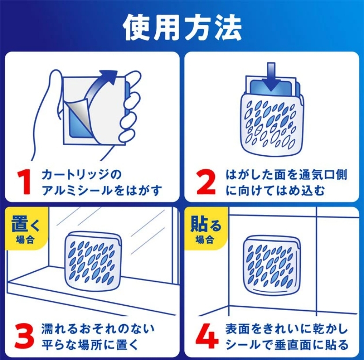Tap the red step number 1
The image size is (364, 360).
pyautogui.click(x=24, y=182)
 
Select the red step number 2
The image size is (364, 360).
pyautogui.click(x=206, y=182)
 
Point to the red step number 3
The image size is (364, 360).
pyautogui.click(x=24, y=337)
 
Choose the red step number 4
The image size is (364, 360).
pyautogui.click(x=207, y=337)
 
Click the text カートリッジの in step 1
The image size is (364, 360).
pyautogui.click(x=82, y=175)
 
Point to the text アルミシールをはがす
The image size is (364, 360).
pyautogui.click(x=101, y=191)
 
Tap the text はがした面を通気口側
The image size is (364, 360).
pyautogui.click(x=286, y=175)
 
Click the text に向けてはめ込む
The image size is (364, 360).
pyautogui.click(x=275, y=191)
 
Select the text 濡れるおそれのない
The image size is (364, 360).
pyautogui.click(x=98, y=329)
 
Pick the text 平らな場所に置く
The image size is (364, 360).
pyautogui.click(x=90, y=345)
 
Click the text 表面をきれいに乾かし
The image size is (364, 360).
pyautogui.click(x=287, y=329)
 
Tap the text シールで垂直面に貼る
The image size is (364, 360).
pyautogui.click(x=287, y=345)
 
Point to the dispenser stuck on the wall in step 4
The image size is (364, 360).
pyautogui.click(x=272, y=265)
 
